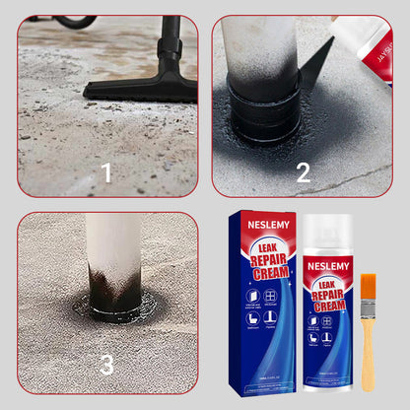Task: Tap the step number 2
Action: coord(304,173)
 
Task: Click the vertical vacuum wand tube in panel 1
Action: coord(171,44)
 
